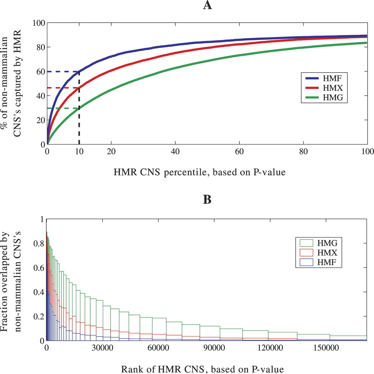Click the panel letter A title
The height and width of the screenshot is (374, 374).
click(x=207, y=5)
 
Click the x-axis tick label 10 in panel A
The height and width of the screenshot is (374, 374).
click(x=79, y=151)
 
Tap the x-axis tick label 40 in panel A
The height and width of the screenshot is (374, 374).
click(x=175, y=151)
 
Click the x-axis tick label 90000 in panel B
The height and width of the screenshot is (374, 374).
click(x=214, y=348)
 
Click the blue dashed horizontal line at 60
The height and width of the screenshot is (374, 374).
click(x=63, y=71)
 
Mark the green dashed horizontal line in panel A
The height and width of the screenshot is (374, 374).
click(x=63, y=108)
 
